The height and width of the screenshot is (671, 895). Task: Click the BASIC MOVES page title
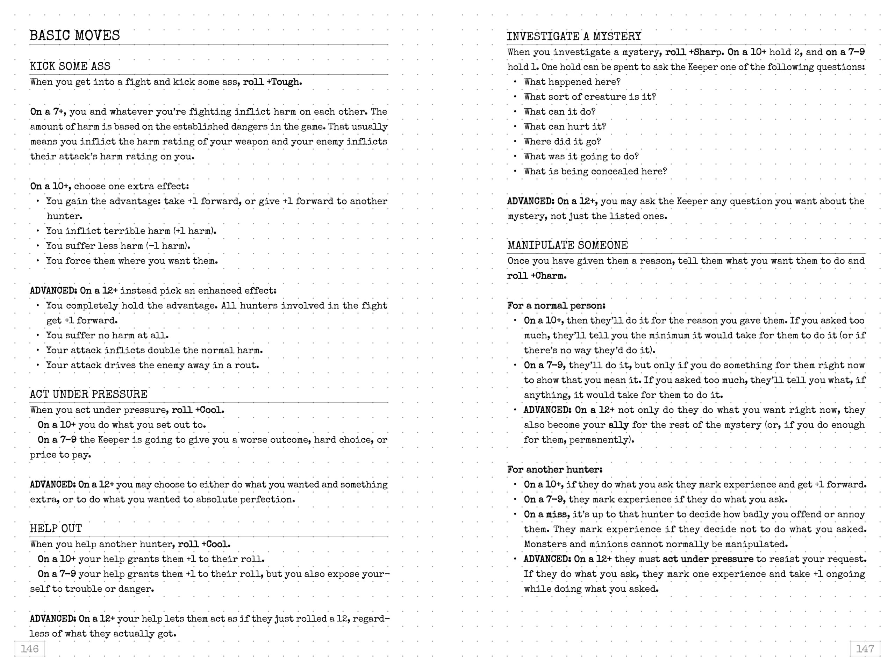[x=75, y=35]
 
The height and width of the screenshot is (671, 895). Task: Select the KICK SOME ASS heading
[x=70, y=66]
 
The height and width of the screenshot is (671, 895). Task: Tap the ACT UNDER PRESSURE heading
[x=88, y=394]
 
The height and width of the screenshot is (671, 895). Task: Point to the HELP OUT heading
[x=56, y=528]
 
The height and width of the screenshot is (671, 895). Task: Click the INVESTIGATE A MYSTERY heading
[x=574, y=36]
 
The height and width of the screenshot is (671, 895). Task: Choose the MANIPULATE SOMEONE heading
[x=568, y=245]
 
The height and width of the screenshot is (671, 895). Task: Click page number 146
[x=29, y=649]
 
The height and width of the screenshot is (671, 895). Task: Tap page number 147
[x=865, y=649]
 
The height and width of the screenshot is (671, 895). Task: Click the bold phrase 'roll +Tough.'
[x=272, y=82]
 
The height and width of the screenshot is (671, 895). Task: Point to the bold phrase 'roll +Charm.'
[x=537, y=276]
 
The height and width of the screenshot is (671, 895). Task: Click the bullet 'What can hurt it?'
[x=565, y=127]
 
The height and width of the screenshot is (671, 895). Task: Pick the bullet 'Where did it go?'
[x=563, y=142]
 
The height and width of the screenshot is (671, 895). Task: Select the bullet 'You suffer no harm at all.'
[x=107, y=335]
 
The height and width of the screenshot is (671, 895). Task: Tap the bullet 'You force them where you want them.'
[x=131, y=261]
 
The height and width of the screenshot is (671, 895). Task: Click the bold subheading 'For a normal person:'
[x=556, y=306]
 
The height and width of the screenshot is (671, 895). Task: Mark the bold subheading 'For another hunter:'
[x=555, y=470]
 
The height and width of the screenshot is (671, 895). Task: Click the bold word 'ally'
[x=619, y=425]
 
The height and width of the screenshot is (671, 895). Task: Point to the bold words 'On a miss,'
[x=545, y=514]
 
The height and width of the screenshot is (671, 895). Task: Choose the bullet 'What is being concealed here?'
[x=595, y=172]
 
